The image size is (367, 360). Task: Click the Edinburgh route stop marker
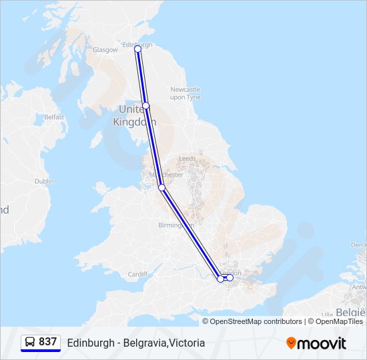tap(137, 49)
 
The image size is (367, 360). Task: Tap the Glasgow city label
tap(105, 50)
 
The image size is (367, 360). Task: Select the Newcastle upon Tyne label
tap(186, 93)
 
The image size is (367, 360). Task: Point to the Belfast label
tap(54, 117)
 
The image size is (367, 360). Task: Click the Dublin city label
tap(44, 181)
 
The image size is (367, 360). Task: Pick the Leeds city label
tap(187, 159)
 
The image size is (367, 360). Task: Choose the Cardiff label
tap(137, 274)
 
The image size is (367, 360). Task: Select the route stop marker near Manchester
tap(161, 187)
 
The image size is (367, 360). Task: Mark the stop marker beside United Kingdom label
tap(145, 106)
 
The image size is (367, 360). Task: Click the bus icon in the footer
tap(30, 342)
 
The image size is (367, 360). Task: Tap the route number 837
tap(47, 342)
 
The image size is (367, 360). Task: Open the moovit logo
tap(316, 343)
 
